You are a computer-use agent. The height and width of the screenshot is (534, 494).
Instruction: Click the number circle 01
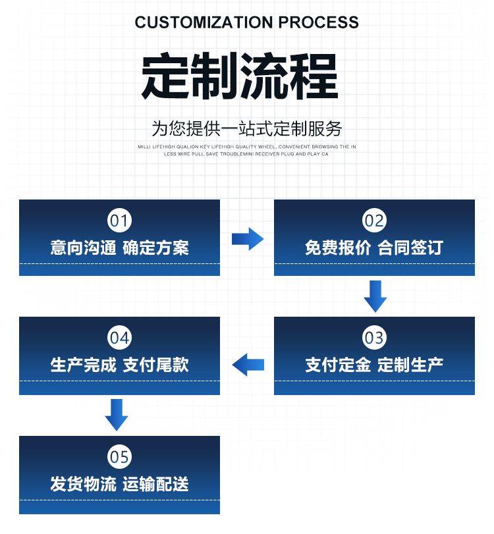tap(119, 220)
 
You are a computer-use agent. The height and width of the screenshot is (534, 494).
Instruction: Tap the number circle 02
tap(374, 220)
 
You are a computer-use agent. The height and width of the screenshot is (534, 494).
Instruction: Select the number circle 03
tap(374, 338)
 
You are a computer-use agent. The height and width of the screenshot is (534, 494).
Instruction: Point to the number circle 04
tap(119, 338)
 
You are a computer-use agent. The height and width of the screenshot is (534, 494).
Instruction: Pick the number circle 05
tap(119, 456)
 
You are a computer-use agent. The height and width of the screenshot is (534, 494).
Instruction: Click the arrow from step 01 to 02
tap(247, 238)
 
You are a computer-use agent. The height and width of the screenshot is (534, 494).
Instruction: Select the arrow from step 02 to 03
tap(375, 296)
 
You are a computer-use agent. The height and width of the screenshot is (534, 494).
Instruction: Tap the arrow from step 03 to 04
tap(248, 363)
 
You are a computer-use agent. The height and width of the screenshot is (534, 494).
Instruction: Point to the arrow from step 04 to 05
tap(117, 414)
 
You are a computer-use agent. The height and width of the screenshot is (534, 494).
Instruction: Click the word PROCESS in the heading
tap(319, 22)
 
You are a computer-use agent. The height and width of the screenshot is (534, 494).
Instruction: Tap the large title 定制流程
tap(240, 77)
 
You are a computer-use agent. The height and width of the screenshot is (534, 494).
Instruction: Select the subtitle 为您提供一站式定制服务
tap(246, 128)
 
